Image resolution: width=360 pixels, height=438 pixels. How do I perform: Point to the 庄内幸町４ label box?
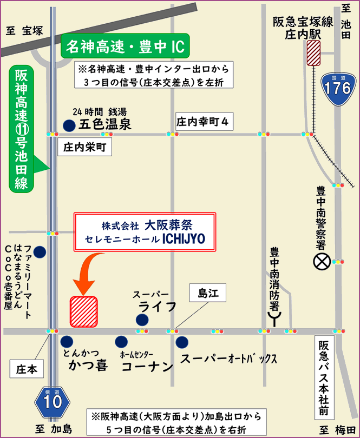[x=204, y=122]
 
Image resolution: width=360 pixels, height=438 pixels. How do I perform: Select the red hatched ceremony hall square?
[x=83, y=312]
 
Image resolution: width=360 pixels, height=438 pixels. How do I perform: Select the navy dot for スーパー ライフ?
[x=141, y=320]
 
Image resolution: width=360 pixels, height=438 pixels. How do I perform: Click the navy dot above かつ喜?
[x=67, y=342]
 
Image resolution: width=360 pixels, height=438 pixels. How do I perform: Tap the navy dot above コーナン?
[x=121, y=342]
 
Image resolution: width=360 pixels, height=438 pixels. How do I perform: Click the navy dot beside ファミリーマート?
[x=40, y=251]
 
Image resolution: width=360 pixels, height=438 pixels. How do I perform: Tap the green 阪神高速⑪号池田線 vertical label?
[x=22, y=129]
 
